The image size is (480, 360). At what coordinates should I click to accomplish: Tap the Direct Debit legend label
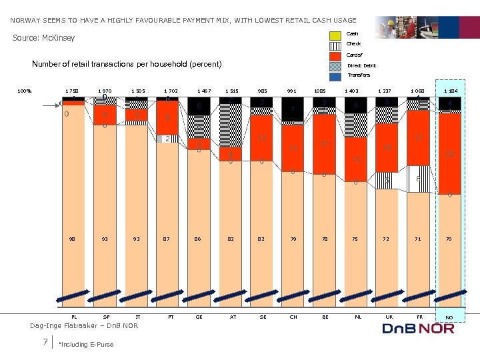coord(361,65)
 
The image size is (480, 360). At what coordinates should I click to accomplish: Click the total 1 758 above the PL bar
coord(71,91)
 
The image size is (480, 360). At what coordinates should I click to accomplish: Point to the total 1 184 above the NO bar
coord(449,91)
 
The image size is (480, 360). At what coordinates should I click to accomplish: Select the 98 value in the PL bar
coord(71,237)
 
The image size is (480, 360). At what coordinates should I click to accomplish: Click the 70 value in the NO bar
coord(449,237)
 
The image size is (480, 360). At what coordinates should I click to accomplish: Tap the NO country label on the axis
coord(449,317)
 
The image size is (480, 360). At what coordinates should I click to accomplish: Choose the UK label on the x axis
coord(384,317)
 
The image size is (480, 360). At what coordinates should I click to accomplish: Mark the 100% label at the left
coord(25,91)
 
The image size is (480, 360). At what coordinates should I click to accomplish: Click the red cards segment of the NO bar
coord(449,153)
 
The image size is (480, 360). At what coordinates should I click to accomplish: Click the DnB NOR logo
coord(417,328)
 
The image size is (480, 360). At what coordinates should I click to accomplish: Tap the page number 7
coord(44,342)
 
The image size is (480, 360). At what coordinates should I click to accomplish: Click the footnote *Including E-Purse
coord(86,344)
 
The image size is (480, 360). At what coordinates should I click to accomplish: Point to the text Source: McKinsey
coord(44,38)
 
